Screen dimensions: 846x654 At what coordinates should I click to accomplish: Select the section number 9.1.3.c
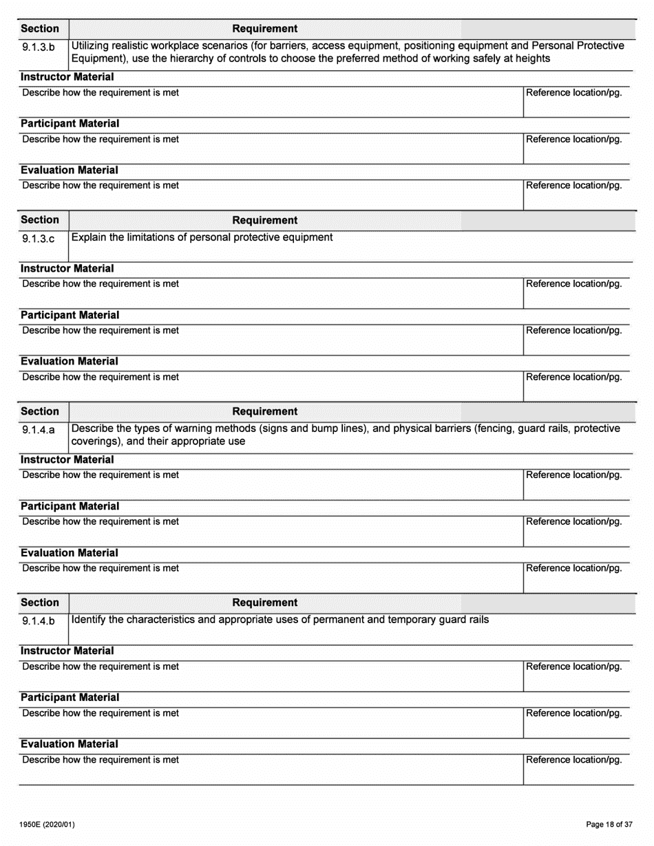coord(39,239)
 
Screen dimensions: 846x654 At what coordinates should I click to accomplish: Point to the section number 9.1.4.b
coord(39,621)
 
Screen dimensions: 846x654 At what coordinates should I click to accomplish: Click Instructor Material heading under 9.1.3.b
coord(67,77)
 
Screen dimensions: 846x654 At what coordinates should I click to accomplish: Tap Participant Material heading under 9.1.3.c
coord(70,315)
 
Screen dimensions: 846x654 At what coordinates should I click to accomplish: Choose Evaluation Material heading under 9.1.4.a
coord(70,553)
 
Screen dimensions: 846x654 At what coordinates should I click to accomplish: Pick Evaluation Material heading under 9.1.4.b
coord(70,744)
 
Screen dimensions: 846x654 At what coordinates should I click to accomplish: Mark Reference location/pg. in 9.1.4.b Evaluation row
coord(574,760)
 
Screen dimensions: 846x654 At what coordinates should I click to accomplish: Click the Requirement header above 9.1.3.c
coord(265,220)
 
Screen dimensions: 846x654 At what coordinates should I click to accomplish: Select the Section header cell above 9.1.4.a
coord(40,411)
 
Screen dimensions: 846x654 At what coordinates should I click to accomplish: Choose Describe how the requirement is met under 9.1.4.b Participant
coord(101,713)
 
